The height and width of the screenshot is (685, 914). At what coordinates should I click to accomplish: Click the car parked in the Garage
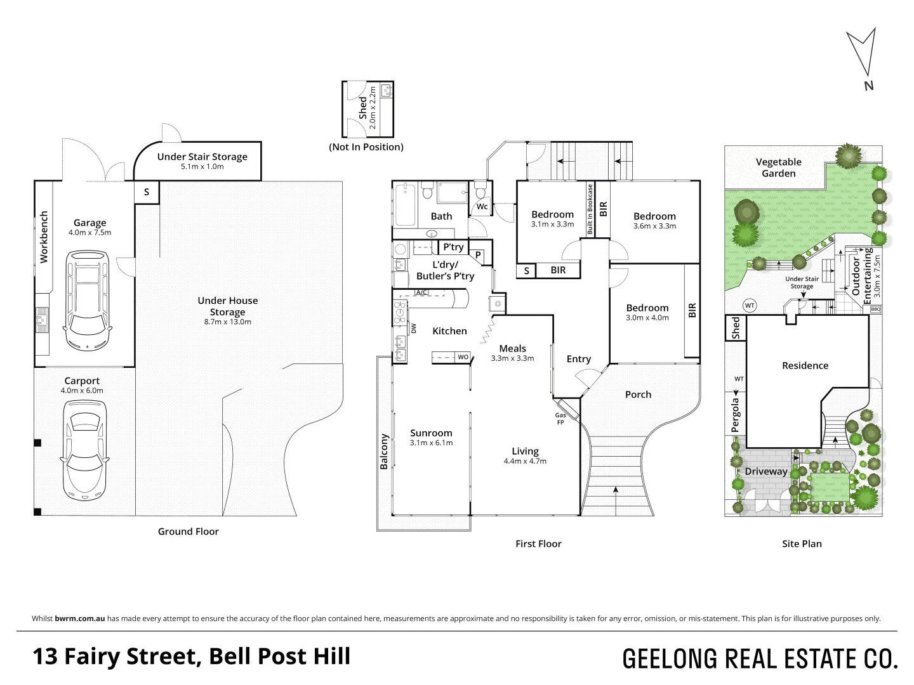(x=88, y=301)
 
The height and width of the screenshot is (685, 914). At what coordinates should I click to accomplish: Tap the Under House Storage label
(x=227, y=306)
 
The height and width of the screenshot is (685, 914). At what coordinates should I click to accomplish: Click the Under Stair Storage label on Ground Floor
(x=202, y=157)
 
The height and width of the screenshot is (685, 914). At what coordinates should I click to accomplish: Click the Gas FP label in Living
(x=560, y=419)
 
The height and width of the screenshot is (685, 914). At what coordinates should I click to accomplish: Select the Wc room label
(x=482, y=207)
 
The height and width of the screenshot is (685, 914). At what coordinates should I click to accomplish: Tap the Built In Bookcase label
(x=590, y=210)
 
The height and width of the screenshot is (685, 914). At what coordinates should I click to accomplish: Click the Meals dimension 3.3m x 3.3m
(x=512, y=358)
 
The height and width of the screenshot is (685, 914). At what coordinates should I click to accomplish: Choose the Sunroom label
(x=431, y=433)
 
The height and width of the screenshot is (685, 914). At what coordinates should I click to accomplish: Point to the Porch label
(x=638, y=395)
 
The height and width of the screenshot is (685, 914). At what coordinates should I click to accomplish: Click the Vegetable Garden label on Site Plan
(x=778, y=167)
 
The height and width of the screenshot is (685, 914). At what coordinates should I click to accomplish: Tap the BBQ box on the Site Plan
(x=876, y=310)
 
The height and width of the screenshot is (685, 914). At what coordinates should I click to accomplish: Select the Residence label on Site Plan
(x=805, y=365)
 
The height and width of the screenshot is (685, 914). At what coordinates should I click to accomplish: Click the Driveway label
(x=766, y=471)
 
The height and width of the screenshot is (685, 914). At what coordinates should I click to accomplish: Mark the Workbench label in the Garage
(x=44, y=237)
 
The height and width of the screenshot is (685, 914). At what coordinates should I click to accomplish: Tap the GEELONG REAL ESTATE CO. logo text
(x=760, y=658)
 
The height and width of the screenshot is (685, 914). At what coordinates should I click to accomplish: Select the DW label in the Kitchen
(x=413, y=329)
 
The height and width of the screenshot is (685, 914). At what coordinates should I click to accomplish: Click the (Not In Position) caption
(x=366, y=147)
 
